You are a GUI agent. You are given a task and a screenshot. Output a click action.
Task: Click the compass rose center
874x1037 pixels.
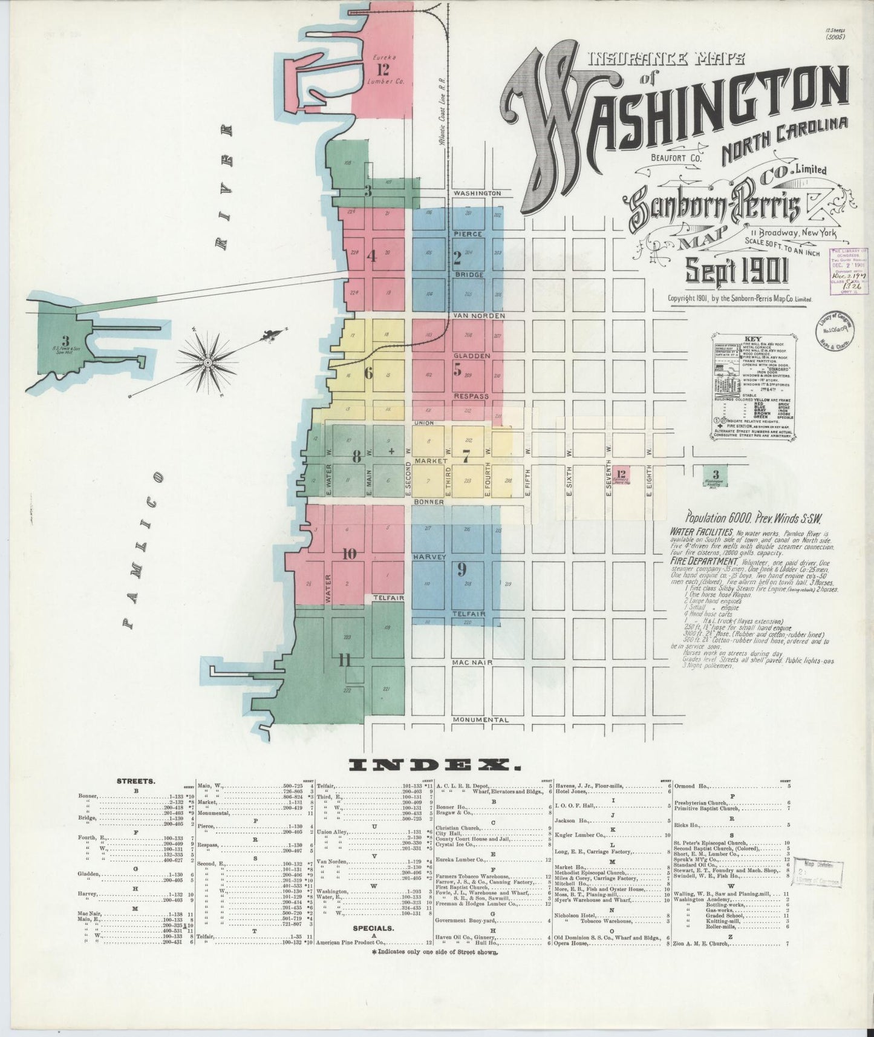point(207,361)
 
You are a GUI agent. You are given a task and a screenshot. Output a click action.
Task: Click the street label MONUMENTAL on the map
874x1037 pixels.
point(481,720)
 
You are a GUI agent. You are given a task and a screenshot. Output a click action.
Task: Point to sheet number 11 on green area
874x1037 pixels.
point(345,660)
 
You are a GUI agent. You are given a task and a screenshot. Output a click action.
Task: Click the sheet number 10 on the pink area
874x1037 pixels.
point(349,554)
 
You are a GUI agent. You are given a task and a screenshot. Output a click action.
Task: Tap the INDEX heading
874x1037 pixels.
point(434,765)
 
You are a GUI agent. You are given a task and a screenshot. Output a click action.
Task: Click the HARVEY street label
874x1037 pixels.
point(430,556)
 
